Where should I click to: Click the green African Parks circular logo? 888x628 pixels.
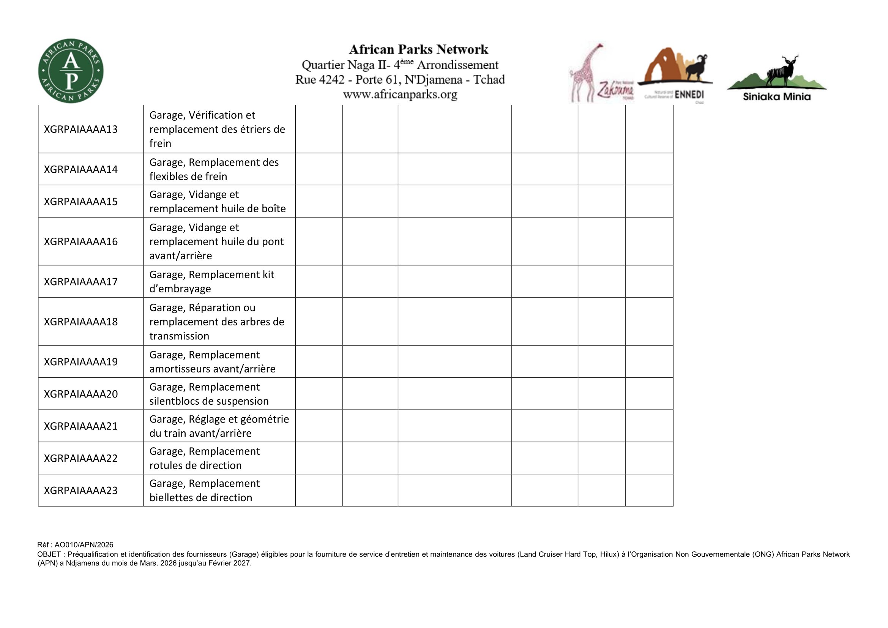[x=71, y=71]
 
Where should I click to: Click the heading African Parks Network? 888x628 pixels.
[x=418, y=49]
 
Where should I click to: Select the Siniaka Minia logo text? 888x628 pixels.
[x=776, y=97]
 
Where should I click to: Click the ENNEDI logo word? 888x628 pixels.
[x=689, y=95]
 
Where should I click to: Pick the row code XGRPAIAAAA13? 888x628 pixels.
[x=81, y=129]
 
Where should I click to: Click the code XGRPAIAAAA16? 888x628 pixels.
[x=81, y=242]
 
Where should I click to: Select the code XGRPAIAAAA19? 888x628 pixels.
[x=81, y=361]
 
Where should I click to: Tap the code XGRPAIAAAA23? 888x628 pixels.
[x=81, y=490]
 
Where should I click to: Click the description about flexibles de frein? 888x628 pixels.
[x=214, y=169]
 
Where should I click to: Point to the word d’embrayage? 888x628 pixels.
[x=180, y=289]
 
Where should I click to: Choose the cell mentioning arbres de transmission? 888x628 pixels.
[x=216, y=322]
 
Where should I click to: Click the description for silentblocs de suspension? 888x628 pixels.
[x=209, y=394]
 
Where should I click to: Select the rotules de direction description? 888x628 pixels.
[x=205, y=458]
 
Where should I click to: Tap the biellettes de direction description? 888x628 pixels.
[x=205, y=490]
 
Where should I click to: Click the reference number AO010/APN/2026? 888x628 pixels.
[x=84, y=545]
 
